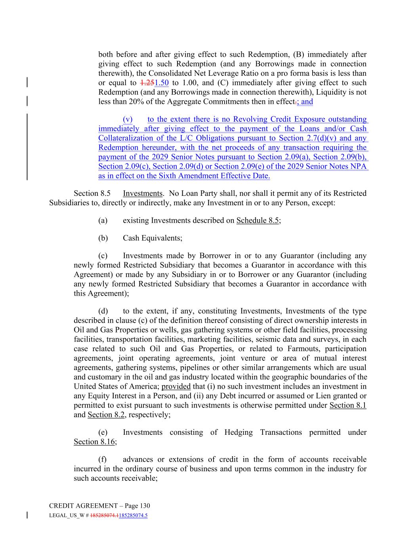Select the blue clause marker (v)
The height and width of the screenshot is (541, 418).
pos(128,119)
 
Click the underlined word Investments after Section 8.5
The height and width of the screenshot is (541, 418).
pos(143,193)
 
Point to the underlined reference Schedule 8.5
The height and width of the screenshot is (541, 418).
pos(258,220)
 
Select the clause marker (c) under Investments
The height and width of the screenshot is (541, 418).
pos(103,256)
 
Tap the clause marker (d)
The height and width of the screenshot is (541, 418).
pos(103,311)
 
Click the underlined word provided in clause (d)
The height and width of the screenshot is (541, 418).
pos(176,386)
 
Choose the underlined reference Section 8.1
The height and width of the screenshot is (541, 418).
pos(348,405)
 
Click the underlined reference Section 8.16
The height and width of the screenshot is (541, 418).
pos(94,442)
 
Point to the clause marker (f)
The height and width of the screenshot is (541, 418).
pos(102,459)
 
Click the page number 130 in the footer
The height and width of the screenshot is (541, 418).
pos(145,506)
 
